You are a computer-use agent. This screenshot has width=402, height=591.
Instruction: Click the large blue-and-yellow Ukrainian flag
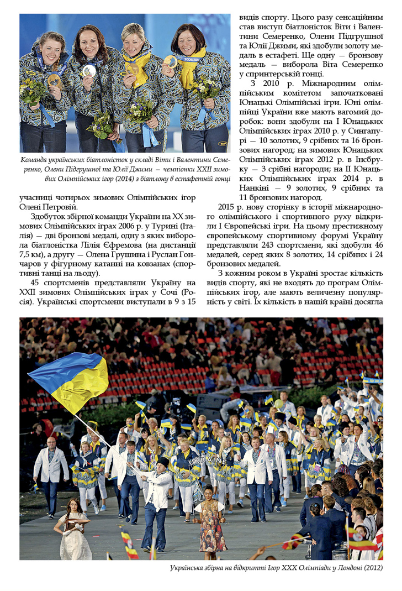(x=71, y=380)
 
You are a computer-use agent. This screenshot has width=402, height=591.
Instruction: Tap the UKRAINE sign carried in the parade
(x=208, y=460)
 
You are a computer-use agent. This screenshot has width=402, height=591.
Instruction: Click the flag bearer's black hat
(x=162, y=462)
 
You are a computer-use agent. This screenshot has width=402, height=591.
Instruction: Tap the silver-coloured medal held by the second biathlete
(x=89, y=71)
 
